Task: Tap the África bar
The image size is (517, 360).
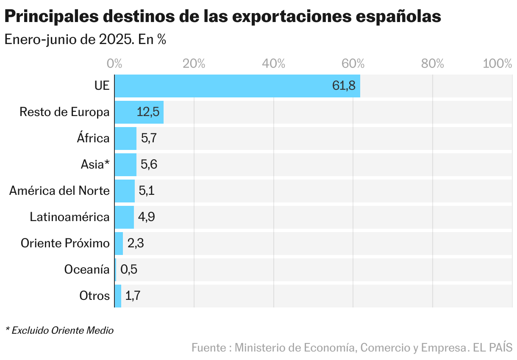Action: [x=125, y=138]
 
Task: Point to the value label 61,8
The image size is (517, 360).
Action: [x=344, y=86]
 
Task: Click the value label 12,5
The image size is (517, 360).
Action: [x=148, y=112]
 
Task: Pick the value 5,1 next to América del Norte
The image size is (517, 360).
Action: [x=147, y=191]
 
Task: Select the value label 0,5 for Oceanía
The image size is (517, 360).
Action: [x=129, y=269]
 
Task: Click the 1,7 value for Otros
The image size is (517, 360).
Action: [x=133, y=296]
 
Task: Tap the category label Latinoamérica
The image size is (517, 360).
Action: [x=69, y=217]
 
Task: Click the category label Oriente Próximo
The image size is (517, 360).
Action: [x=65, y=244]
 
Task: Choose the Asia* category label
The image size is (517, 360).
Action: [x=95, y=165]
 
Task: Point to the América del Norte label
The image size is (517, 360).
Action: [x=59, y=191]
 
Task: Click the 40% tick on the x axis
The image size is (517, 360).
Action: [x=273, y=64]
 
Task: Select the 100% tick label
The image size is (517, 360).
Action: [x=498, y=64]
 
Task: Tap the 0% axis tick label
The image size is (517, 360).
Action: [x=115, y=64]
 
